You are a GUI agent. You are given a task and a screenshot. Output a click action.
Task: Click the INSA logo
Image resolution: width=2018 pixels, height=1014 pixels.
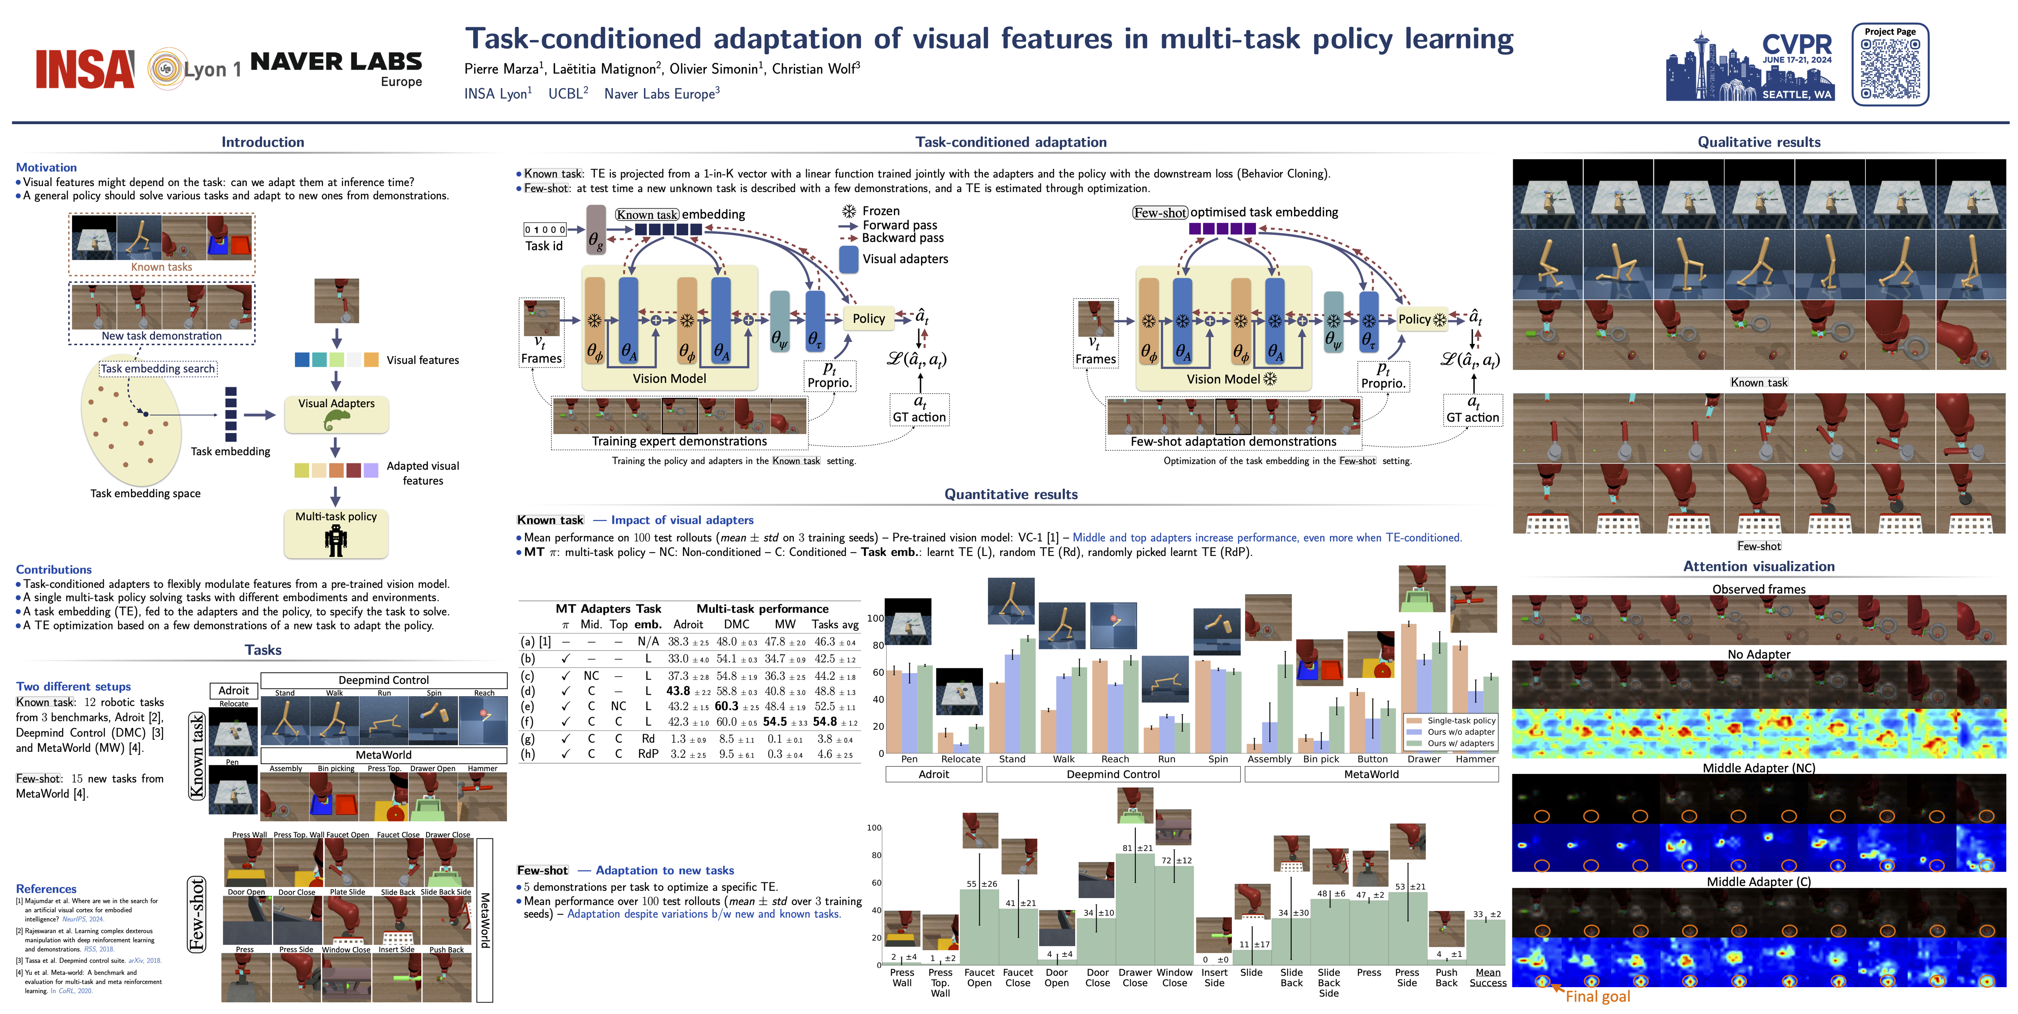85,69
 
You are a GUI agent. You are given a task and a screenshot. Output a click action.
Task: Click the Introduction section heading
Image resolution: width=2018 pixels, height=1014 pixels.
262,142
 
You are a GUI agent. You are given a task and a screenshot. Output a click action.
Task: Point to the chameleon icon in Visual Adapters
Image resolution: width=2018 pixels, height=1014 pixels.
336,421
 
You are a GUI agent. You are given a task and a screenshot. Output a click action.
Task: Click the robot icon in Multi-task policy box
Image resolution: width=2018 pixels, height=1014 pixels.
336,540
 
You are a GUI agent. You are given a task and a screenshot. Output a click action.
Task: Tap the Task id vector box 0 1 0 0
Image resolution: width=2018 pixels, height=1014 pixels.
544,229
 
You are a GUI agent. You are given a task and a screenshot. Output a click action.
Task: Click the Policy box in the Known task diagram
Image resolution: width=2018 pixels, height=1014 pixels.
868,318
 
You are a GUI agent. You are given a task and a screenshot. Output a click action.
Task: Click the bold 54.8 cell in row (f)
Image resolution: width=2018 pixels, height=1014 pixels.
825,722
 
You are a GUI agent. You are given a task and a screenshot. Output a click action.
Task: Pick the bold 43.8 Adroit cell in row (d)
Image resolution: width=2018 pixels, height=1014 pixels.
678,691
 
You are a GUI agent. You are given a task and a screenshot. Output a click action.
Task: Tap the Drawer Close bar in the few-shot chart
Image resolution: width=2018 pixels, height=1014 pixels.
1134,909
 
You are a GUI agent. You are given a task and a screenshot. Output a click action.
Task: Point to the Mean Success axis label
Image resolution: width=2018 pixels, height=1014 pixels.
1487,977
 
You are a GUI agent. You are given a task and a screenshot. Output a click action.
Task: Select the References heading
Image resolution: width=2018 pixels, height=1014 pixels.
46,889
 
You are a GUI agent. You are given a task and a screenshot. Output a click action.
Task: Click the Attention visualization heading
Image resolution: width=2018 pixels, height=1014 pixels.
1759,567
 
